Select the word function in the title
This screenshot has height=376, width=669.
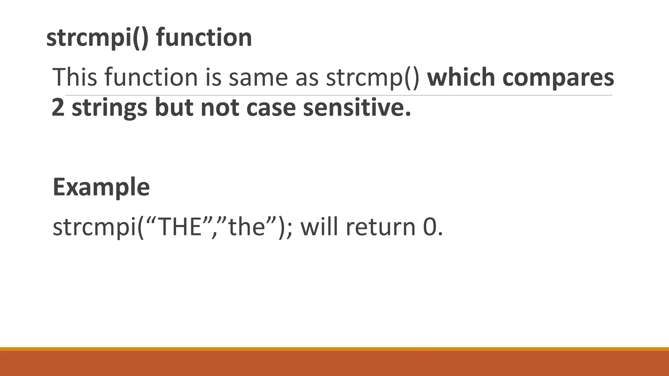(204, 38)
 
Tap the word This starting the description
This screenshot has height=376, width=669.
(75, 77)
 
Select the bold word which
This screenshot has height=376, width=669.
(461, 77)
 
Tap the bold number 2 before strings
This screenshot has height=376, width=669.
(58, 107)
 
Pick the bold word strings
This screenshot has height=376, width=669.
(109, 108)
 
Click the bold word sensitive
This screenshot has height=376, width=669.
(356, 107)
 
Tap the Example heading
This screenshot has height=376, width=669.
(101, 187)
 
